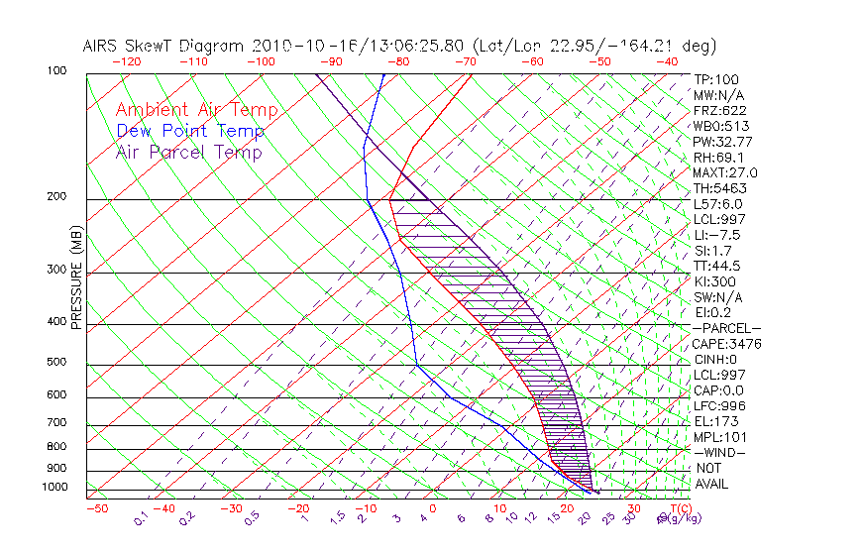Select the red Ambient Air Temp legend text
tap(196, 110)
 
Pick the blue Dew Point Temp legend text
tap(190, 131)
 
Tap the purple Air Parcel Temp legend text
tap(188, 152)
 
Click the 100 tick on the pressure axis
tap(56, 71)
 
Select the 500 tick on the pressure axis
tap(56, 364)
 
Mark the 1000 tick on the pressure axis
tap(54, 488)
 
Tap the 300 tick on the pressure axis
tap(56, 270)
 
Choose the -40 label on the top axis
tap(668, 61)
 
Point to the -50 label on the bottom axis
tap(96, 509)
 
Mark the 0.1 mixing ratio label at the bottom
tap(142, 518)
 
